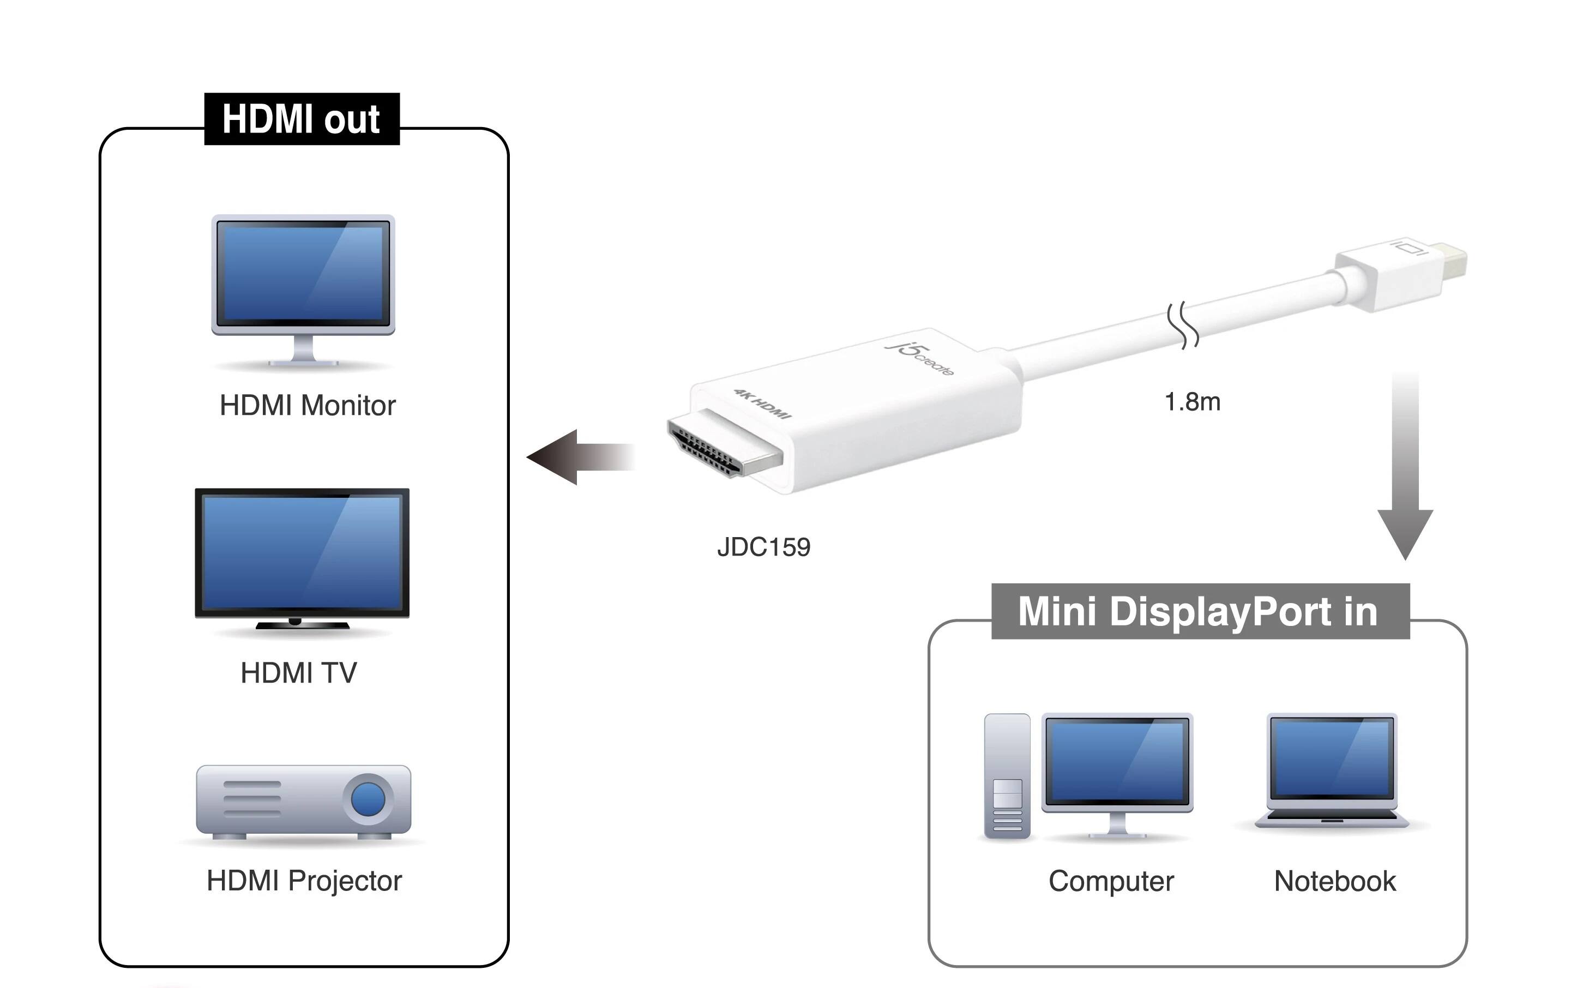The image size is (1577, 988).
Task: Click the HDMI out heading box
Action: point(302,119)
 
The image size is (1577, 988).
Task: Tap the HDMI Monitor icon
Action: point(303,287)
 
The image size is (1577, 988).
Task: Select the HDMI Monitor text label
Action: point(307,406)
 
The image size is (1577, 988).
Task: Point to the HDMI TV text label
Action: point(299,673)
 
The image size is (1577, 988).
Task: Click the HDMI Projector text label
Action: point(304,881)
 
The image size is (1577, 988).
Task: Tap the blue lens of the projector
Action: point(368,798)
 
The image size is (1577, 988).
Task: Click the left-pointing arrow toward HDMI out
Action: point(579,457)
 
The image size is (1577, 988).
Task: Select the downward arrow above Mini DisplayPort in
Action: point(1405,471)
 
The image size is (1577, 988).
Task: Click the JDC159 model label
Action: point(763,547)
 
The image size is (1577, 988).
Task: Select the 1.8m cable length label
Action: point(1192,402)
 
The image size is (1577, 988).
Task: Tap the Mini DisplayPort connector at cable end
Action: point(1405,274)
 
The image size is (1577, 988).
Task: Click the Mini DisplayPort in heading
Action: point(1199,612)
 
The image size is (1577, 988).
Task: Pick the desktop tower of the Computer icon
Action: point(1007,776)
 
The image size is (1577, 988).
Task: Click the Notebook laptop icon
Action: point(1331,771)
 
